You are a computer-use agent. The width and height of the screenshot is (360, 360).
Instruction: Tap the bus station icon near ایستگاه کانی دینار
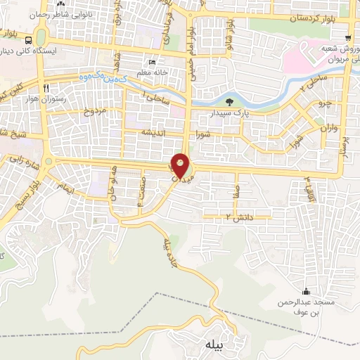tap(27, 40)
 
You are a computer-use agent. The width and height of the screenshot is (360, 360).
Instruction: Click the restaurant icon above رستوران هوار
tap(46, 88)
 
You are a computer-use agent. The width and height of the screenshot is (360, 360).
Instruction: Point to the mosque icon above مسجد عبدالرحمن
tap(305, 292)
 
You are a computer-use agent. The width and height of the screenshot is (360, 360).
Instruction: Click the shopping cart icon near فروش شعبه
tap(349, 37)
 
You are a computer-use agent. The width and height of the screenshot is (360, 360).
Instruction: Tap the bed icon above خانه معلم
tap(153, 63)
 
